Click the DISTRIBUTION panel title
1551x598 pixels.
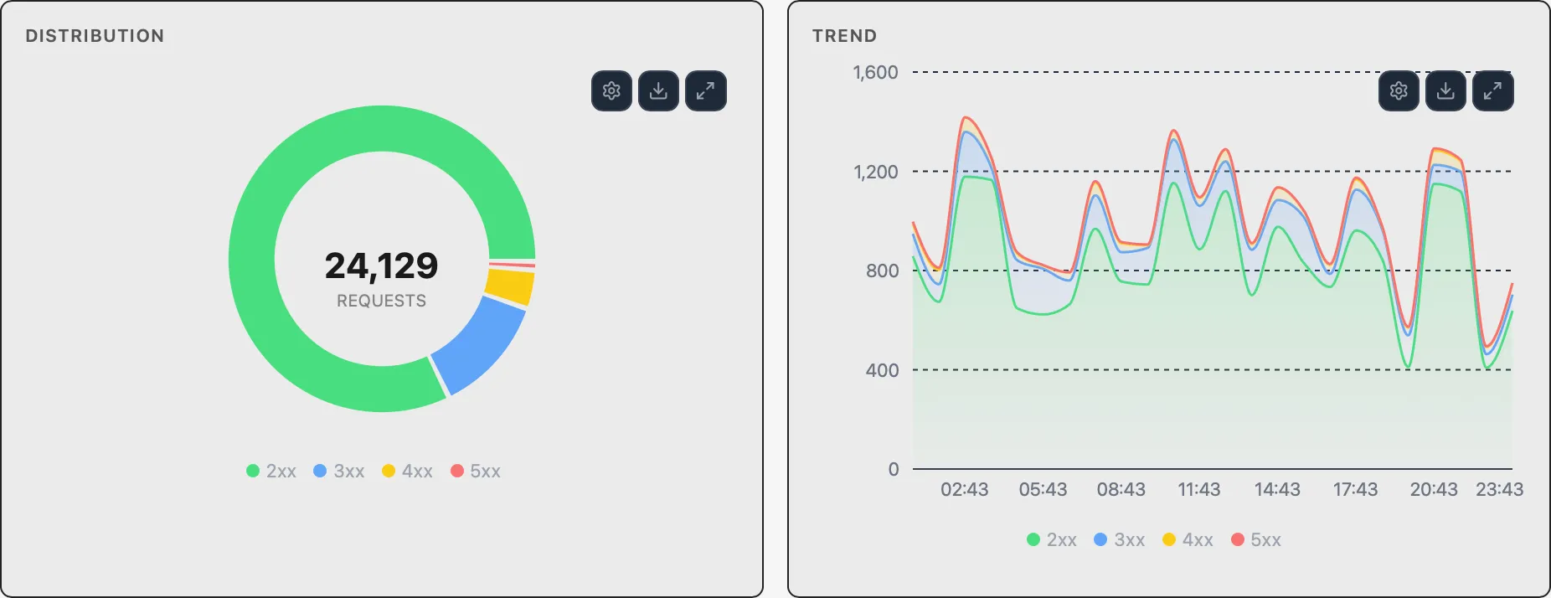(95, 36)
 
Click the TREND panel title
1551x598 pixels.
(844, 36)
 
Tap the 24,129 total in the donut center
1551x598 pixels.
(381, 266)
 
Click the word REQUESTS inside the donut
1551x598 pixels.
(381, 301)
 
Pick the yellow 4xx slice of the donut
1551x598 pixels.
(510, 286)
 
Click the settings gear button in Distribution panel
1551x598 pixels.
(611, 91)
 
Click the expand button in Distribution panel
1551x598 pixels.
(705, 91)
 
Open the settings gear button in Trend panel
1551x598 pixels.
(1399, 91)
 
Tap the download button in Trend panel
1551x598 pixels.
(1445, 91)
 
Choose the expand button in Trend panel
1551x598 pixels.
(1492, 91)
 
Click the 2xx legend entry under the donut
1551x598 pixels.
(271, 472)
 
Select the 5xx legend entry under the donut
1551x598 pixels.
(476, 472)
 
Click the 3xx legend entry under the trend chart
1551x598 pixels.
(1120, 540)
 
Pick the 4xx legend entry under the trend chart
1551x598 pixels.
(1188, 540)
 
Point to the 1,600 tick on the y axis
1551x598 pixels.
(875, 73)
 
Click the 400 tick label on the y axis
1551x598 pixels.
(882, 370)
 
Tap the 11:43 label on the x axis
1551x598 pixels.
(1198, 490)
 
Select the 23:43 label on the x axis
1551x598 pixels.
(1499, 490)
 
